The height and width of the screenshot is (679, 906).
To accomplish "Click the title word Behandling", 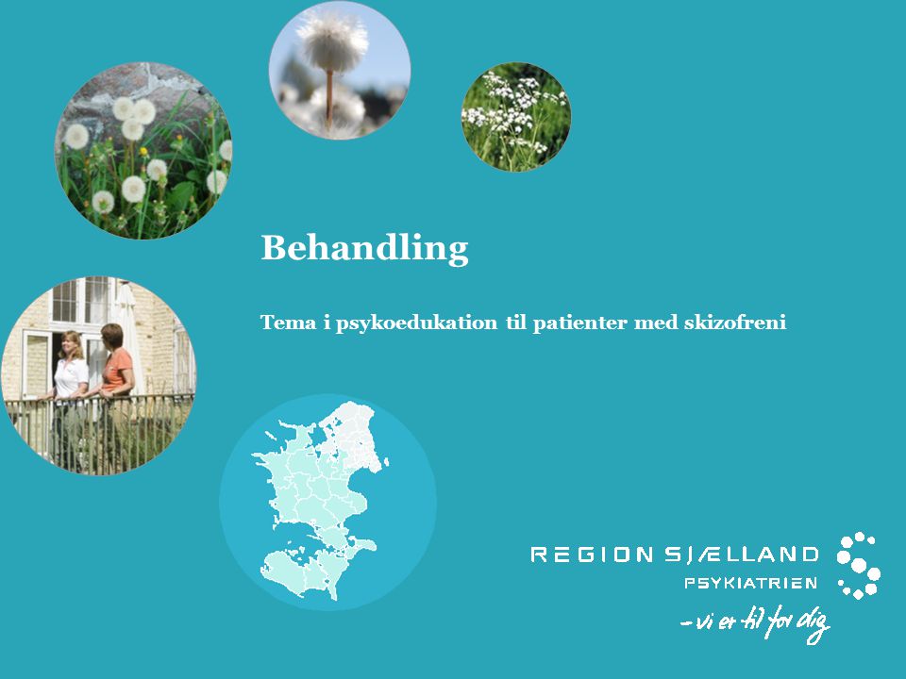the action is coord(364,248).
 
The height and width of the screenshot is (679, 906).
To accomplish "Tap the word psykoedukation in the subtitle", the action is coord(416,323).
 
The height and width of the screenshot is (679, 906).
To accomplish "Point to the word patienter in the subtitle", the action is coord(579,323).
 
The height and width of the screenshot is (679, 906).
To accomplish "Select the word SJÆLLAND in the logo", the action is coord(742,555).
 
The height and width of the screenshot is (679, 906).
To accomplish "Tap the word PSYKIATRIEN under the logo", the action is coord(750,583).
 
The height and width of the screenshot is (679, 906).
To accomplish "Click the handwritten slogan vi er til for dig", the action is coord(756,622).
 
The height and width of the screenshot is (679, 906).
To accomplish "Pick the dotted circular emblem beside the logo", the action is coord(859,565).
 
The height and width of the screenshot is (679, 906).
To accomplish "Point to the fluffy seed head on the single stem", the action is coord(332,41).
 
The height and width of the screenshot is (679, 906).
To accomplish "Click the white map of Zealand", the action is coord(321,500).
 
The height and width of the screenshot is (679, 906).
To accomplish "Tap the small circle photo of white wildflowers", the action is coord(516,117).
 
